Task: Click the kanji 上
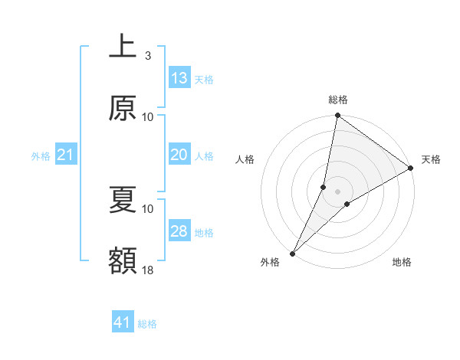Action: (123, 47)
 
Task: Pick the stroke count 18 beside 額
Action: (148, 270)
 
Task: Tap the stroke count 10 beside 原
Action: (148, 116)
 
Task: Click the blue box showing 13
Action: (179, 78)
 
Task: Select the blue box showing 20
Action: (179, 155)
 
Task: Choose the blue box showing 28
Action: (179, 231)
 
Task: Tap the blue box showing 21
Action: (66, 155)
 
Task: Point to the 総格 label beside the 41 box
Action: (147, 324)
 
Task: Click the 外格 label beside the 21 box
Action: (41, 156)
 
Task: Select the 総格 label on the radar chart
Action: (338, 100)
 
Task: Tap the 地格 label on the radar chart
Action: (402, 262)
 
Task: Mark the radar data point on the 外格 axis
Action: (293, 253)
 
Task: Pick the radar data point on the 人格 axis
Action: (324, 187)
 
